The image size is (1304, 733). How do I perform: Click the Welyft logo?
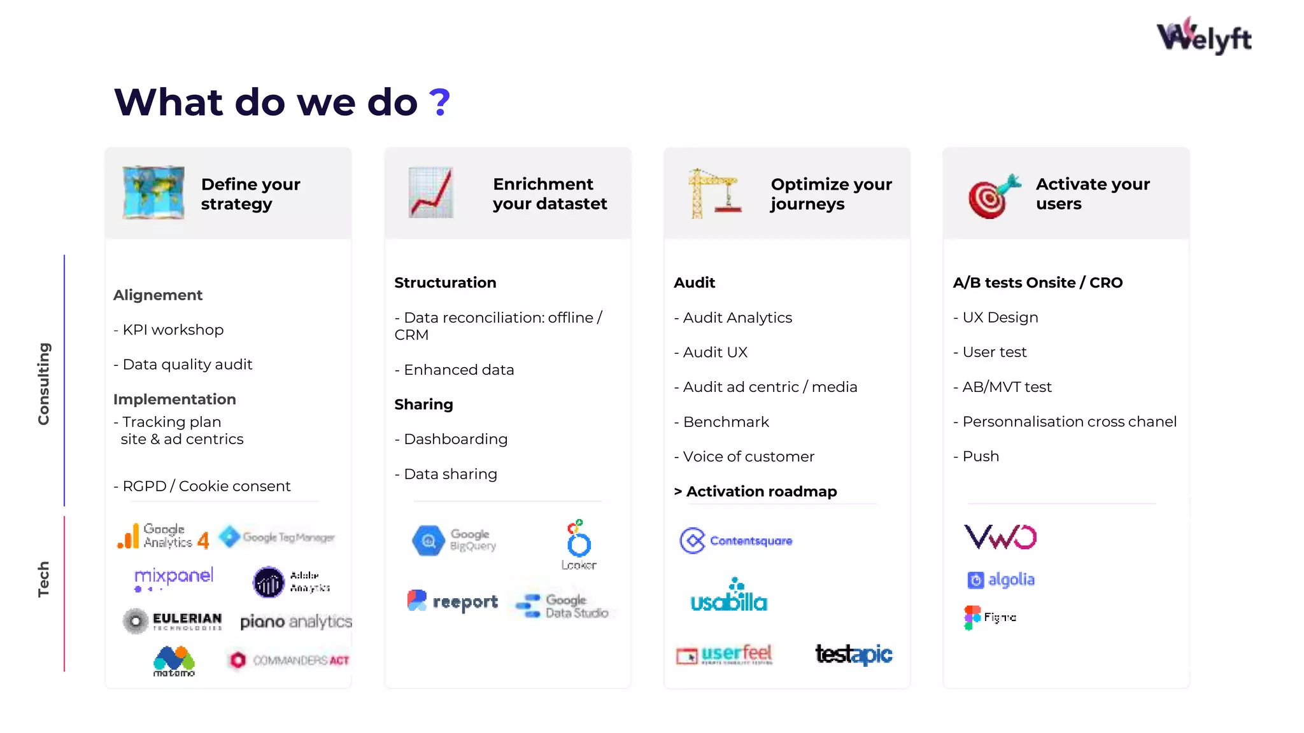[x=1203, y=36]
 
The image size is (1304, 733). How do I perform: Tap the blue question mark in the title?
[x=439, y=102]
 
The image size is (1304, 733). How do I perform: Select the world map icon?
[x=153, y=192]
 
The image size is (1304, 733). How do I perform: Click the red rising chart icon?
[x=431, y=192]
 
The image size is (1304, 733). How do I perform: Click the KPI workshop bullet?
[x=169, y=330]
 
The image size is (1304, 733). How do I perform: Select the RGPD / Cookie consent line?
[x=202, y=486]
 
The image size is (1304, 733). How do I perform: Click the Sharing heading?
[x=423, y=405]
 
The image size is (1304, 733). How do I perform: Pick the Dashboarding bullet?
[x=451, y=439]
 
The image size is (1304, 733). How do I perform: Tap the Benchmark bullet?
[x=721, y=422]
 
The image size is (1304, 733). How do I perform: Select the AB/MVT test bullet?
[x=1002, y=387]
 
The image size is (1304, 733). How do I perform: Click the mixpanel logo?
[x=173, y=577]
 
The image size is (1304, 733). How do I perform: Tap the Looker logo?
[x=579, y=545]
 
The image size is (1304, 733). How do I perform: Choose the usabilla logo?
[x=729, y=596]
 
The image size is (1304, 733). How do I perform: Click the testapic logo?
[x=854, y=654]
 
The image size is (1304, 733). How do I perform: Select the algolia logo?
[x=1001, y=580]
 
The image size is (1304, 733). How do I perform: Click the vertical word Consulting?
[x=43, y=384]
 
